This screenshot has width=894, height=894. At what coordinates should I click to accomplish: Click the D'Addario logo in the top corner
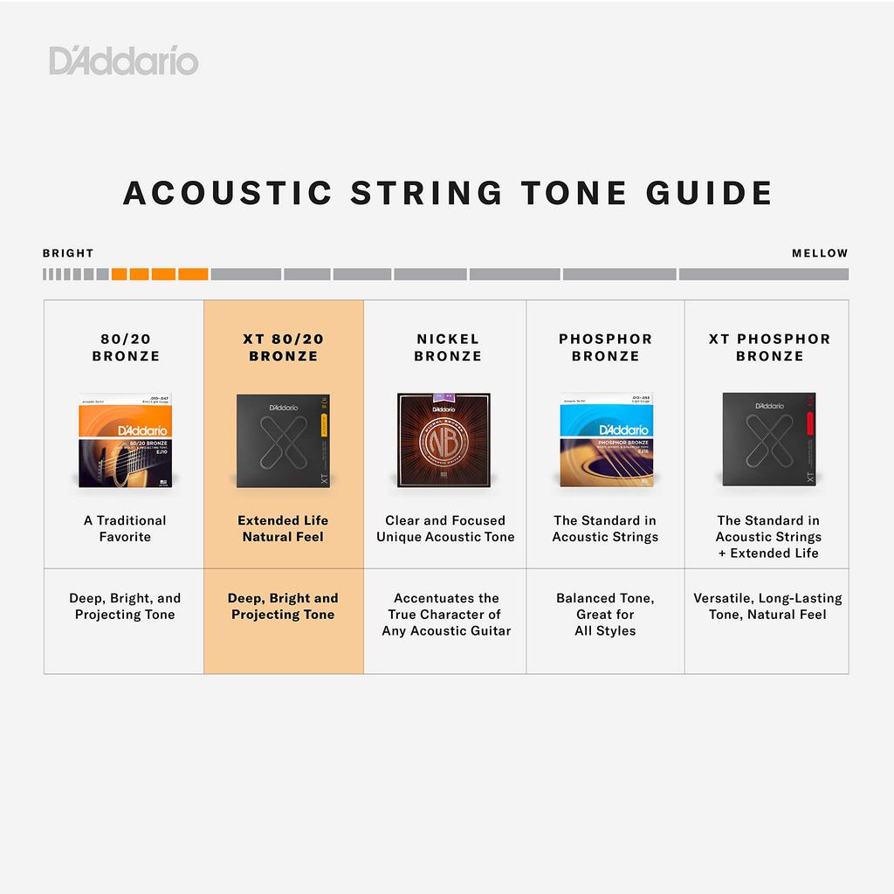pyautogui.click(x=124, y=61)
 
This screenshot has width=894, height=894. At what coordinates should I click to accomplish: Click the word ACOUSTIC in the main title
pyautogui.click(x=227, y=193)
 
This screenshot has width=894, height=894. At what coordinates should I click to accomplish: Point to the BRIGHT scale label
pyautogui.click(x=68, y=253)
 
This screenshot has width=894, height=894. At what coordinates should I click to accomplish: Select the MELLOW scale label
pyautogui.click(x=820, y=253)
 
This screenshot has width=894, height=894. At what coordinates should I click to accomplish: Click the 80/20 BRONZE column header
pyautogui.click(x=126, y=347)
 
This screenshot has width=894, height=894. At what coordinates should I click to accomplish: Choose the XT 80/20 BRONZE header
pyautogui.click(x=283, y=347)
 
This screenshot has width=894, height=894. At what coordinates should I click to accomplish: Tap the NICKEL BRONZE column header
pyautogui.click(x=447, y=347)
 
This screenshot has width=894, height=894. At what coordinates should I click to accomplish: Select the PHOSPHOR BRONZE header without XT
pyautogui.click(x=605, y=347)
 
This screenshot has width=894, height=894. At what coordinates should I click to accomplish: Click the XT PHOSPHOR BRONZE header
pyautogui.click(x=769, y=347)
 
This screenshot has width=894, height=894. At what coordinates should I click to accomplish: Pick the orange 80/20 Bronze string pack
pyautogui.click(x=126, y=439)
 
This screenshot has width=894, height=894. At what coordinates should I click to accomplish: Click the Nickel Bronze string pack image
pyautogui.click(x=444, y=439)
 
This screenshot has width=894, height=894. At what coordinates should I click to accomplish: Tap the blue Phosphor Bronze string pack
pyautogui.click(x=605, y=439)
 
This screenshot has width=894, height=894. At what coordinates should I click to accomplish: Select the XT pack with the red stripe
pyautogui.click(x=768, y=439)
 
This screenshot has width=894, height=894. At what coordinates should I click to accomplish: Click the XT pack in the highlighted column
pyautogui.click(x=283, y=439)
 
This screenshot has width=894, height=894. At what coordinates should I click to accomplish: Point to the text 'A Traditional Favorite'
pyautogui.click(x=125, y=528)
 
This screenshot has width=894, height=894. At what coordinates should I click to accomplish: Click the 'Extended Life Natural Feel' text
pyautogui.click(x=283, y=528)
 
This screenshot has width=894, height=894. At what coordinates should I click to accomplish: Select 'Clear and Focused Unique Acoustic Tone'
pyautogui.click(x=445, y=528)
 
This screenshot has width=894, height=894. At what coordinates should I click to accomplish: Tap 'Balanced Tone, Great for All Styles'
pyautogui.click(x=605, y=614)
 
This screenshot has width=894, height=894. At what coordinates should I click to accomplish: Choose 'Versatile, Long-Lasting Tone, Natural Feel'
pyautogui.click(x=767, y=606)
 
